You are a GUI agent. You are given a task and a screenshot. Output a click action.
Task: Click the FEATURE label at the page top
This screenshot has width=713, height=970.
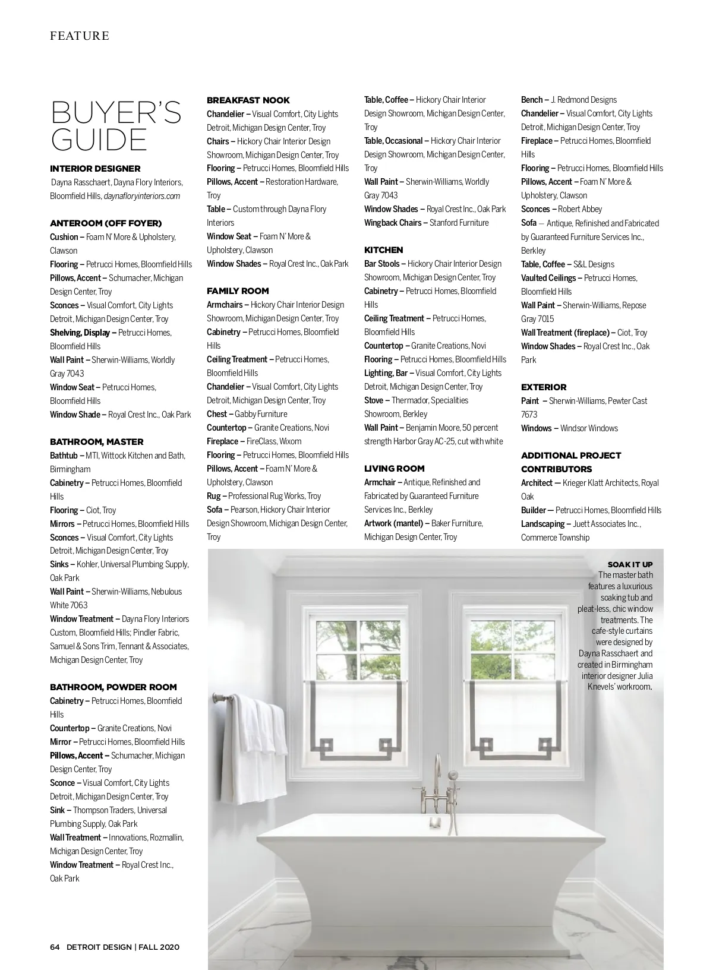80,36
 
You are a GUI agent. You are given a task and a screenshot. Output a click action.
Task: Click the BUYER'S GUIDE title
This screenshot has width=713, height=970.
116,126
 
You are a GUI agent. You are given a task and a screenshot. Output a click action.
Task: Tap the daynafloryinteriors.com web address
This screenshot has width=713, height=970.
142,196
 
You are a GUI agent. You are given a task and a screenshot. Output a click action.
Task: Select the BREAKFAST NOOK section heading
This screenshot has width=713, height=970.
248,100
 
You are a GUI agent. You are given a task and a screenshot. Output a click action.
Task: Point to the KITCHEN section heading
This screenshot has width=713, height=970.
383,250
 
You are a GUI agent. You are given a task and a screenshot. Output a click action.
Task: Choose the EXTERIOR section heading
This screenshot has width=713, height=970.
544,387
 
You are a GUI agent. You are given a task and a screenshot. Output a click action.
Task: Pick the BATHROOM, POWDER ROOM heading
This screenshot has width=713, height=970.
113,687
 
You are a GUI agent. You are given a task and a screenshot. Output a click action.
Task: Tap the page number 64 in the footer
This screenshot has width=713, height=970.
55,947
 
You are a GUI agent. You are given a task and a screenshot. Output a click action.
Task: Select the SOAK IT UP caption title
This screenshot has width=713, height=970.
630,564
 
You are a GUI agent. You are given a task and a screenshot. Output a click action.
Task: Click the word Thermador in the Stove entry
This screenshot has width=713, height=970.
409,400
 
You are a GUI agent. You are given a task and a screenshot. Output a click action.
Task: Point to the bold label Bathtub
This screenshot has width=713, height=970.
64,456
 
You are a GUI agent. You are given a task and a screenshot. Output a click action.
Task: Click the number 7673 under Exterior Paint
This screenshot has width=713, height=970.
529,415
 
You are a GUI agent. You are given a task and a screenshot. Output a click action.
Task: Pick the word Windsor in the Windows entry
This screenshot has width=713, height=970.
574,428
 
